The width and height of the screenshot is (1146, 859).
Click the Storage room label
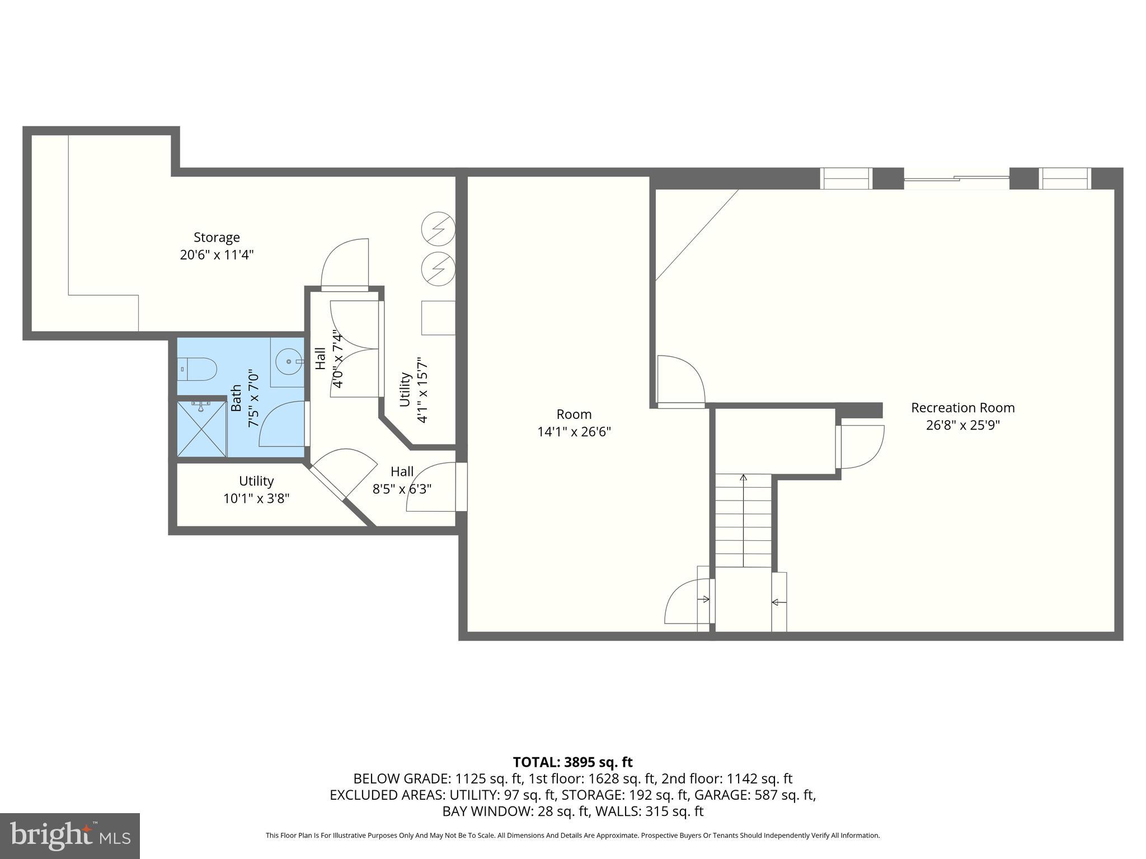point(217,238)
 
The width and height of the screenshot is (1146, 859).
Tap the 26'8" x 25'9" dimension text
point(962,425)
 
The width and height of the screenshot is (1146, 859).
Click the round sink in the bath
point(289,362)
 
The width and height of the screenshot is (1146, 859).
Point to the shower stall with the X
point(201,429)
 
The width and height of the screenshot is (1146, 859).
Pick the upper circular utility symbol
point(438,229)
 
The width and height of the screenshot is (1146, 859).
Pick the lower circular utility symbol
point(438,269)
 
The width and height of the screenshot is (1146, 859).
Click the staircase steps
point(743,520)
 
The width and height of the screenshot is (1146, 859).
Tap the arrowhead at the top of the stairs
point(743,478)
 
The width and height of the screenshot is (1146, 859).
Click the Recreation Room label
point(962,408)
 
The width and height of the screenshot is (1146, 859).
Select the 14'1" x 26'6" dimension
point(574,432)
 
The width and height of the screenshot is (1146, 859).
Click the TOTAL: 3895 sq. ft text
point(572,762)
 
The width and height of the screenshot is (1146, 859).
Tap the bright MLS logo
point(70,836)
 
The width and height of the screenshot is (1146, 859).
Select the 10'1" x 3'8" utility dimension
point(256,498)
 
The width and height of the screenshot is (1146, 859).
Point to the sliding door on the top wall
point(956,178)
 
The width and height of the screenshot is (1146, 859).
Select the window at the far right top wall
point(1065,178)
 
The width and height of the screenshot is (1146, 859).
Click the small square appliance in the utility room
point(438,318)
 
